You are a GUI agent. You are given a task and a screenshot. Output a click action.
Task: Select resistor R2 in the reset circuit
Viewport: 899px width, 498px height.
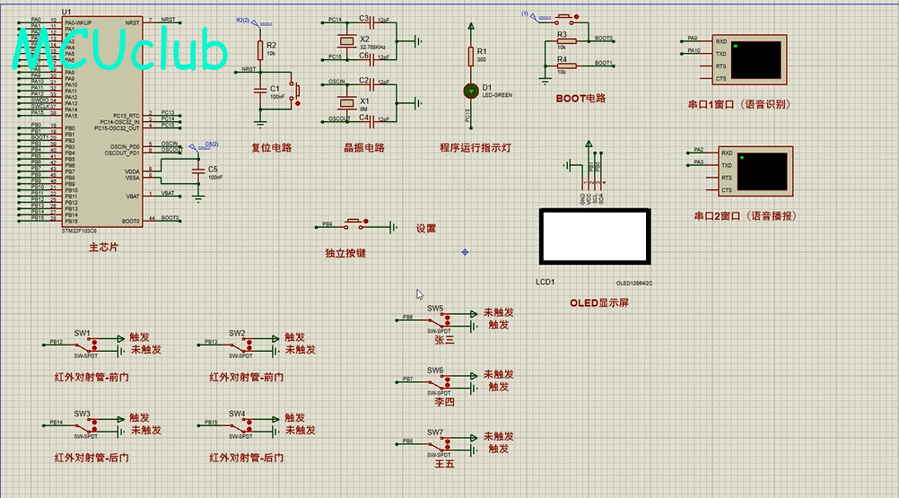[x=260, y=48]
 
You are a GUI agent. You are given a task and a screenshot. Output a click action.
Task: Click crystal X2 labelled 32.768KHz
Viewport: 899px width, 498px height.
[x=347, y=40]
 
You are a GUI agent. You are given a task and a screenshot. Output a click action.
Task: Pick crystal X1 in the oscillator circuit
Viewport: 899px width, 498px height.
[x=347, y=100]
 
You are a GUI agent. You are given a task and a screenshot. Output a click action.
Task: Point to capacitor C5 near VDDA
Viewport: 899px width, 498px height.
[x=198, y=170]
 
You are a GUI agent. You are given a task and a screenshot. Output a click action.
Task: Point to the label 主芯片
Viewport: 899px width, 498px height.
[x=102, y=247]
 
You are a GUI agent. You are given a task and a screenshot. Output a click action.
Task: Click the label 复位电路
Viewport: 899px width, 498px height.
[x=271, y=148]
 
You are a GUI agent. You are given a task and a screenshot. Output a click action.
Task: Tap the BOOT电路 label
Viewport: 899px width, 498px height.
[x=580, y=99]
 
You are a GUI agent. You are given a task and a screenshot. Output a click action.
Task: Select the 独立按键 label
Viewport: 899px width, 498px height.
[x=345, y=253]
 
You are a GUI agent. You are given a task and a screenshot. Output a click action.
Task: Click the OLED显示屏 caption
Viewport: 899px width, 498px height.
[x=599, y=302]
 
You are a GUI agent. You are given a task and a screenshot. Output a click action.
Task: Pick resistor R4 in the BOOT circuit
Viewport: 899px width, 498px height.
[x=562, y=66]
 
